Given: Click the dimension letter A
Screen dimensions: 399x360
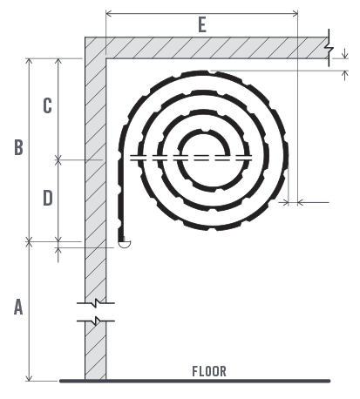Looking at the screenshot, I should coord(17,308).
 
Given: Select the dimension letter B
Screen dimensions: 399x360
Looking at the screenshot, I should coord(18,148).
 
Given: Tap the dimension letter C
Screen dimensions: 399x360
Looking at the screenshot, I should coord(47,105).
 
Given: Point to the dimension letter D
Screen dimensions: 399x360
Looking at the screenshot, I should coord(47,198).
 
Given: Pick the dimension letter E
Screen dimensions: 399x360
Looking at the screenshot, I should coord(202,26).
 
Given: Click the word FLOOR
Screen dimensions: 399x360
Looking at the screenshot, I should coord(209,371).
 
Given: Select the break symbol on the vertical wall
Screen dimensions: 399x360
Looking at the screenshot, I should coord(95,312).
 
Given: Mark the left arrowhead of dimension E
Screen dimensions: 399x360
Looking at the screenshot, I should coord(108,13).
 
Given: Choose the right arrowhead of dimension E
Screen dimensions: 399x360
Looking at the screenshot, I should coord(295,13).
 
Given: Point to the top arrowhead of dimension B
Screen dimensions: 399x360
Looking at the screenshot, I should coord(31,62).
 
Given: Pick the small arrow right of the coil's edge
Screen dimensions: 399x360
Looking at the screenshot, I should coord(302,202).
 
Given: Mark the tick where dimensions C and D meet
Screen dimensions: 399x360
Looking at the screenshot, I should coord(59,159).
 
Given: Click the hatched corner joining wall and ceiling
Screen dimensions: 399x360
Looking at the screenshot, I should coord(95,47).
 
